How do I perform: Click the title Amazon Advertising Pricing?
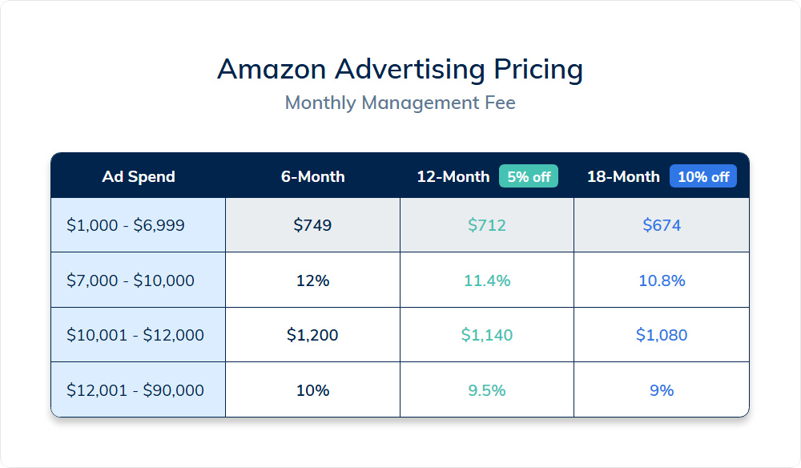point(400,70)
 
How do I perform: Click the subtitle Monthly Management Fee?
point(400,103)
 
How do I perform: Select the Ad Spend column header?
point(139,177)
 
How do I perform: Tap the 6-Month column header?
point(312,177)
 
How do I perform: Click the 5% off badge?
point(529,176)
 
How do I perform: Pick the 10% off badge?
point(702,176)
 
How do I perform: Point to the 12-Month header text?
point(453,177)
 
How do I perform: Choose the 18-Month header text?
point(623,177)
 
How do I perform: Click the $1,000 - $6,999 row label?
point(126,226)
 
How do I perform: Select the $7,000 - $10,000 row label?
point(131,281)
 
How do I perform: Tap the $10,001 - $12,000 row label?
point(135,335)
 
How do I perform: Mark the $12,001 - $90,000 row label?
point(135,391)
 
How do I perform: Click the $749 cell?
point(312,226)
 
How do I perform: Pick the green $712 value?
point(487,226)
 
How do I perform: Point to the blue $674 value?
point(662,226)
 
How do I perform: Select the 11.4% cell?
point(487,281)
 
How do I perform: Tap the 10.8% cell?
point(662,281)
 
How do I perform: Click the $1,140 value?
point(487,335)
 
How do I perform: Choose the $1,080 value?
point(662,335)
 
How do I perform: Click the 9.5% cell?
point(487,391)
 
